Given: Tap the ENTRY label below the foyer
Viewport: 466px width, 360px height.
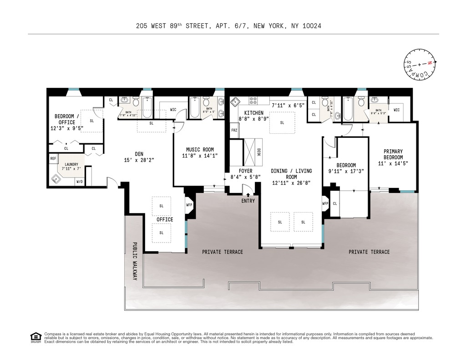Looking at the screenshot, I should coord(248,201).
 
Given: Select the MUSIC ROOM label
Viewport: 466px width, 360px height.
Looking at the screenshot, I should coord(199,150).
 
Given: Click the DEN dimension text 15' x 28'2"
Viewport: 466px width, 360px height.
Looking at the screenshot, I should coord(139,160).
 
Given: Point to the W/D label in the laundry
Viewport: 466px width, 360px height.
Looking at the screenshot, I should coord(79,182).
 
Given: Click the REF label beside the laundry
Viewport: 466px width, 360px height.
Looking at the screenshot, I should coord(53,158).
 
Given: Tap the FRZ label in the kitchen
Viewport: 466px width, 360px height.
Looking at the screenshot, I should coord(234,130).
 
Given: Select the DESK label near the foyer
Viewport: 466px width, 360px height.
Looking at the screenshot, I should coord(259,153).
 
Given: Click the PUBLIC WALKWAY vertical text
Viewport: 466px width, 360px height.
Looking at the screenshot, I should coord(135,260).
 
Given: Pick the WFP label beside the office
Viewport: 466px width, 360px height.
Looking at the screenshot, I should coord(189,204).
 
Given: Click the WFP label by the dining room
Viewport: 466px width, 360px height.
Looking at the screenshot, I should coord(325,203).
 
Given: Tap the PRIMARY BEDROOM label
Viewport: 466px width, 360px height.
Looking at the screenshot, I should coord(393,154).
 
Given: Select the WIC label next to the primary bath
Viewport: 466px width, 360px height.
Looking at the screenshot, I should coord(396,110).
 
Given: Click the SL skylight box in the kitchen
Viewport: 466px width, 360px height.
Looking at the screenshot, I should coord(282,122).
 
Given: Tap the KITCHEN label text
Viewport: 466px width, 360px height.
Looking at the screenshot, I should coord(253,112).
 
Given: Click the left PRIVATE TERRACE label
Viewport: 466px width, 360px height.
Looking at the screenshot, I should coord(223,252).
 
